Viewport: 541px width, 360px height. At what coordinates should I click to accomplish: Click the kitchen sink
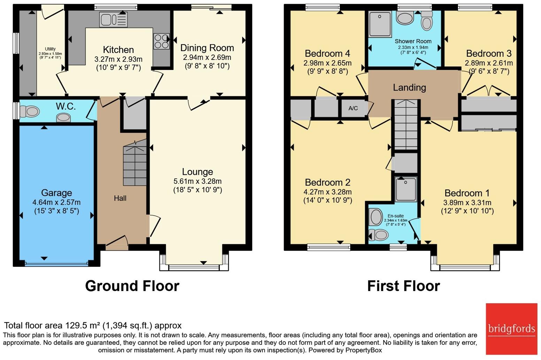(x=113, y=19)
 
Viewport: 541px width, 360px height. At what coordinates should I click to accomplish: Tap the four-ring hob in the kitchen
(x=161, y=41)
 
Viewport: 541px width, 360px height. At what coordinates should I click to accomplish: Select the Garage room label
(x=56, y=193)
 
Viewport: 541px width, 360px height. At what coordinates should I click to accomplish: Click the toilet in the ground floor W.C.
(x=29, y=112)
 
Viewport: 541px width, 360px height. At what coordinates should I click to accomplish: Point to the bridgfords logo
(x=511, y=329)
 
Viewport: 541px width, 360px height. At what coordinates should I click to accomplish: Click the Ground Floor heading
(x=132, y=286)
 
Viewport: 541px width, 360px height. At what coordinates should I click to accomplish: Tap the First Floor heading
(x=403, y=286)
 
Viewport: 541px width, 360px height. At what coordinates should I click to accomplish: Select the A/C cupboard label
(x=353, y=108)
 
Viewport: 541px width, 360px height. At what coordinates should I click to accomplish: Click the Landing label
(x=409, y=87)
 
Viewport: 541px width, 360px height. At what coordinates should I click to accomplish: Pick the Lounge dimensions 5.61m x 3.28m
(x=198, y=181)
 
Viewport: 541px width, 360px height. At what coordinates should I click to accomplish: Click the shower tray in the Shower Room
(x=380, y=24)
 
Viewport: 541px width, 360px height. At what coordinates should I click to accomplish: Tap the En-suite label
(x=395, y=216)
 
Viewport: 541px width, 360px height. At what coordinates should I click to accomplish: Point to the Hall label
(x=120, y=198)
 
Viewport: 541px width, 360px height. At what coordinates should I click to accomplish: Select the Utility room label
(x=50, y=49)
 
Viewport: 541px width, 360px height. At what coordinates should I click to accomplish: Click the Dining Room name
(x=207, y=48)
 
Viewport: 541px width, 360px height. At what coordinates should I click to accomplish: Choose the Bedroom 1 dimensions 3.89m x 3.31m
(x=467, y=203)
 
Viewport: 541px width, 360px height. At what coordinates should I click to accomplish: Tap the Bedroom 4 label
(x=327, y=53)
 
